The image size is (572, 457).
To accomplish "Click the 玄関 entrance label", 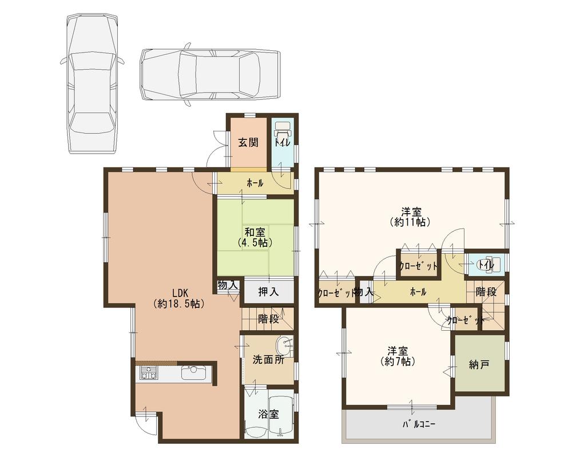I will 247,143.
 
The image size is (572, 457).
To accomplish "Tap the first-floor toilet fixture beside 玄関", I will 283,130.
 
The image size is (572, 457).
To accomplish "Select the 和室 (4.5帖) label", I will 255,237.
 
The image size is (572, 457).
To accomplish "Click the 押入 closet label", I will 268,292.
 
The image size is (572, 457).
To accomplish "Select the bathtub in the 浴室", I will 281,414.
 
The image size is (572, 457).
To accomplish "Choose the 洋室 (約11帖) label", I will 409,216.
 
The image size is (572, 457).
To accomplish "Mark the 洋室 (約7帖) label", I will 398,356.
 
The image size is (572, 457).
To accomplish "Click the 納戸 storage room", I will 479,364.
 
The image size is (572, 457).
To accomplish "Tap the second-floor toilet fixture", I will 490,264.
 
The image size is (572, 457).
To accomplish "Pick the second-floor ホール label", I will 417,291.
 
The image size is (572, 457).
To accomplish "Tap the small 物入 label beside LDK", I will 228,285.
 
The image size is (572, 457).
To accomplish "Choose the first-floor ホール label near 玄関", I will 255,183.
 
